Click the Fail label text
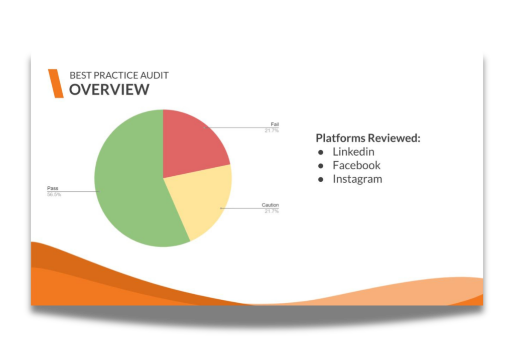click(275, 124)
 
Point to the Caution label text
click(270, 205)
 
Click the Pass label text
click(52, 188)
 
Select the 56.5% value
click(54, 194)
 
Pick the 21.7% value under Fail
click(272, 131)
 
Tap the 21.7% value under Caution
click(272, 211)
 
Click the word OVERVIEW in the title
click(109, 89)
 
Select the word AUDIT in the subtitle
click(155, 75)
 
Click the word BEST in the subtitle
click(81, 75)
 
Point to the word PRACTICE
click(116, 75)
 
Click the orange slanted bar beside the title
click(56, 83)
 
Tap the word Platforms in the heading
click(340, 138)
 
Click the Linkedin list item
click(353, 152)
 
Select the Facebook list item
click(357, 165)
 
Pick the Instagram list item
click(357, 179)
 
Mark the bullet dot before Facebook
click(321, 166)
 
